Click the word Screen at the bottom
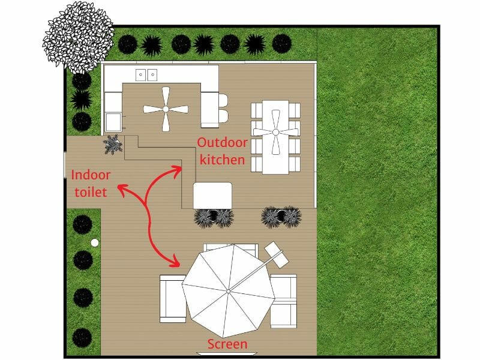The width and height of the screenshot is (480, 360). coord(227,344)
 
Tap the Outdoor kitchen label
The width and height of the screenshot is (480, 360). coord(221,151)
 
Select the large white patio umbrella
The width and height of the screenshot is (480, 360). coord(228,290)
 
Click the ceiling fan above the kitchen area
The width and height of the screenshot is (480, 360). coord(165,109)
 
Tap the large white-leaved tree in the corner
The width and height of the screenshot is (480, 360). coord(77,36)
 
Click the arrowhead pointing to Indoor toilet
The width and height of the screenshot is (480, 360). coord(119,190)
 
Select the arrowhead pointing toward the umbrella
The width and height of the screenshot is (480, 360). coord(176,262)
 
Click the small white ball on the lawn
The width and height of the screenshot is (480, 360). coord(94,242)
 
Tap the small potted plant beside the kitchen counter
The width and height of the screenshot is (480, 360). coord(112,145)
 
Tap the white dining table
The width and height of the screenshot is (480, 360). coord(275,137)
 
